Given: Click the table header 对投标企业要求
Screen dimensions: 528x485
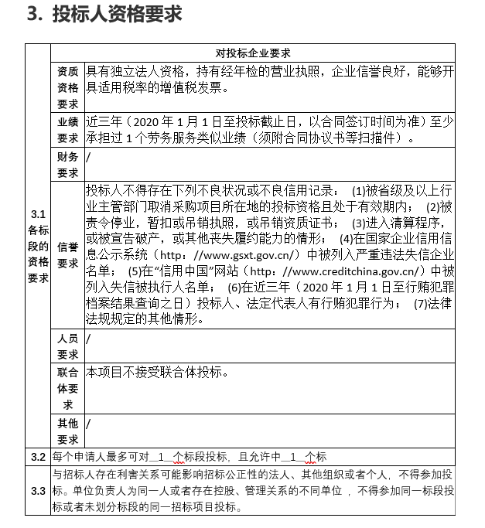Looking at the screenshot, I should [253, 53].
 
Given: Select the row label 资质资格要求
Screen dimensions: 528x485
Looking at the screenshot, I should [67, 87].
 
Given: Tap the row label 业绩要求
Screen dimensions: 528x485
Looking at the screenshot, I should [67, 130].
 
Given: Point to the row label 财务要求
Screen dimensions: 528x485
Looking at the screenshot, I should [67, 165].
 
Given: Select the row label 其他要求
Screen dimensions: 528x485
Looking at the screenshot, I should [67, 430].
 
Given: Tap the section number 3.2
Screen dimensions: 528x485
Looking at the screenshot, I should [38, 456].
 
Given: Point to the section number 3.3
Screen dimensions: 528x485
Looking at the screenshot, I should [38, 491].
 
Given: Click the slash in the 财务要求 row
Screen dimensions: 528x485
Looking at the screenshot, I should [89, 157].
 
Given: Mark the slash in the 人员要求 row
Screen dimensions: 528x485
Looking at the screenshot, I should [89, 339].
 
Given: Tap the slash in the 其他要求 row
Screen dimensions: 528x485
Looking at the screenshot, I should [89, 423].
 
